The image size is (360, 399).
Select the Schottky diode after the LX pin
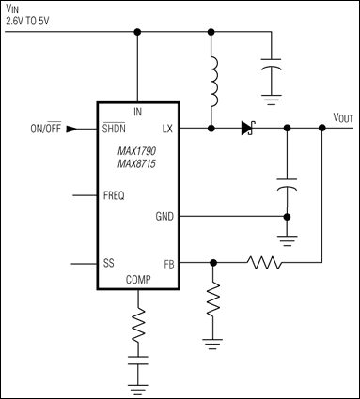[247, 127]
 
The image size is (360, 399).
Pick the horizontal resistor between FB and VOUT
[266, 264]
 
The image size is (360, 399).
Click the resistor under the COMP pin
[140, 326]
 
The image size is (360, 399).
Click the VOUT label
[342, 117]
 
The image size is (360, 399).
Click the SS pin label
[108, 264]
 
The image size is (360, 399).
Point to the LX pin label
[166, 128]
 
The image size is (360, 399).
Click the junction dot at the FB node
[215, 264]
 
